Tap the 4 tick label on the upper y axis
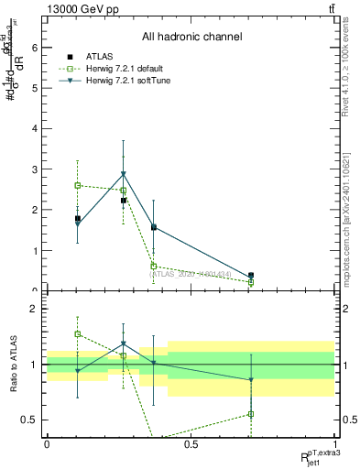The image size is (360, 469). pyautogui.click(x=34, y=129)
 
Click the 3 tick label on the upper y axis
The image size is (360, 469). pyautogui.click(x=34, y=169)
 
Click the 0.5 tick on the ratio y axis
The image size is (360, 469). pyautogui.click(x=30, y=420)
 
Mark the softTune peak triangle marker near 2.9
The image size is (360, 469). pyautogui.click(x=124, y=174)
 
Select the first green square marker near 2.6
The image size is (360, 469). pyautogui.click(x=78, y=185)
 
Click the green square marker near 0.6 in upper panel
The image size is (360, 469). pyautogui.click(x=154, y=266)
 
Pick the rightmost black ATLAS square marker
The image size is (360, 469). pyautogui.click(x=251, y=275)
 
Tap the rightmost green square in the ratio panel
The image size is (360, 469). pyautogui.click(x=251, y=414)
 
